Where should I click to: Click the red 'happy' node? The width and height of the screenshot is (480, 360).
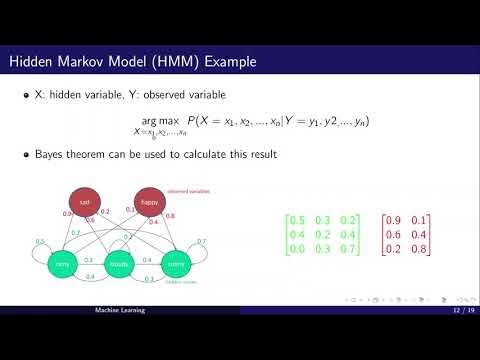pyautogui.click(x=149, y=201)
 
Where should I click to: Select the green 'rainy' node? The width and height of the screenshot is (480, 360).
pyautogui.click(x=62, y=264)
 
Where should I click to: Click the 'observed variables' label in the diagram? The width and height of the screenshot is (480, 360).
pyautogui.click(x=186, y=191)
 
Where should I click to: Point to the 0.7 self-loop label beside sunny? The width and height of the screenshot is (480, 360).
pyautogui.click(x=201, y=242)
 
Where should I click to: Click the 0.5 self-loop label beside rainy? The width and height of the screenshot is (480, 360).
pyautogui.click(x=40, y=241)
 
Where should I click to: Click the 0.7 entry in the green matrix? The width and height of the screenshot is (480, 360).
pyautogui.click(x=345, y=247)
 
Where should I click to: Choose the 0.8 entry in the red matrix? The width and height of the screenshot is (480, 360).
pyautogui.click(x=421, y=247)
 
